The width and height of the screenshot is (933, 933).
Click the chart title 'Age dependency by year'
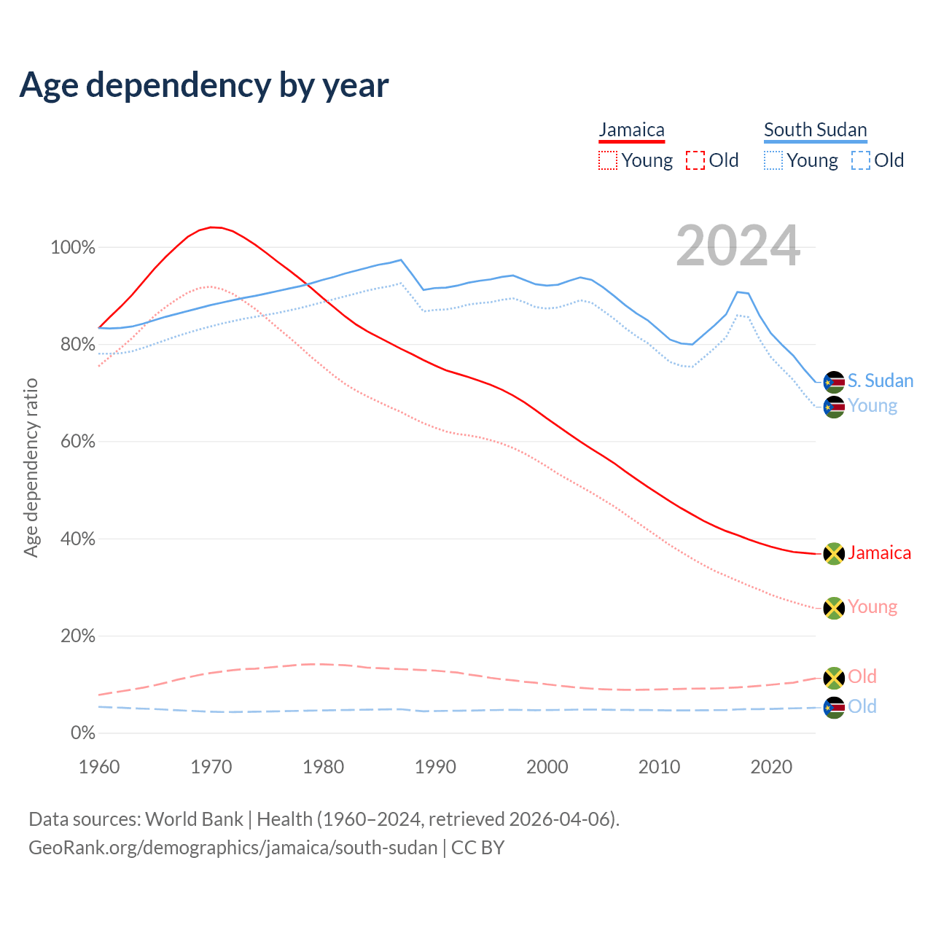click(x=204, y=85)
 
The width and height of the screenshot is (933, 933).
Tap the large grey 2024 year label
click(x=738, y=246)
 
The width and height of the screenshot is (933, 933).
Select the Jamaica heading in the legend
click(x=631, y=130)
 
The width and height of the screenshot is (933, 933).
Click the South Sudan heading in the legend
click(x=815, y=130)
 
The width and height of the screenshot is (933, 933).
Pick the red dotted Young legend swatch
click(x=607, y=160)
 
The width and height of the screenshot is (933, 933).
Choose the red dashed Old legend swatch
click(x=695, y=160)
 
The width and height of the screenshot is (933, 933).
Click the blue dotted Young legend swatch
click(x=773, y=160)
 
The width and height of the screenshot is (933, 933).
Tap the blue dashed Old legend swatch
click(x=861, y=160)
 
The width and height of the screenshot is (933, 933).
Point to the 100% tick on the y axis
click(x=73, y=248)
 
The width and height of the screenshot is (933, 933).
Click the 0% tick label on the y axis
click(x=83, y=733)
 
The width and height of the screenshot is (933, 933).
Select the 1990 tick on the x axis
click(x=435, y=767)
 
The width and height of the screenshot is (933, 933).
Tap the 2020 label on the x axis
click(x=771, y=767)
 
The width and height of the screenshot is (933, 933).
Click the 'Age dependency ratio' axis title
click(x=31, y=467)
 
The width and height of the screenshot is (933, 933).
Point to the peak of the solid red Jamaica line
click(x=211, y=227)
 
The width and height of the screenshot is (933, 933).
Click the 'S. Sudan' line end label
click(x=881, y=381)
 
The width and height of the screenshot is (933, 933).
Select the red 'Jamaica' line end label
click(x=879, y=553)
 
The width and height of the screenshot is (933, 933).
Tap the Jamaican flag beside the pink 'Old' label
click(x=834, y=678)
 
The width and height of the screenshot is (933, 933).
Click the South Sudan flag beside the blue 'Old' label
click(x=834, y=707)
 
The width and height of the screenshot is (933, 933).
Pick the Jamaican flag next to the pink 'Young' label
click(x=834, y=608)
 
